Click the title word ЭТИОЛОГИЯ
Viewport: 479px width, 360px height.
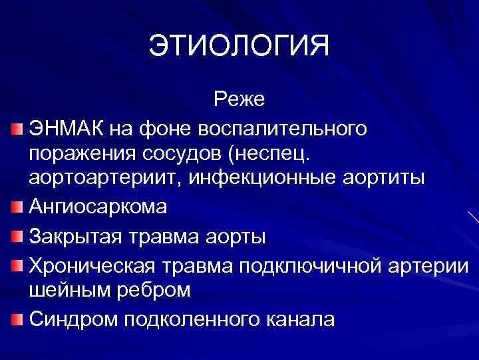[x=239, y=47]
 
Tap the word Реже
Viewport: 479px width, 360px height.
[x=239, y=99]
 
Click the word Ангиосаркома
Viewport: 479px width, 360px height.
[x=98, y=207]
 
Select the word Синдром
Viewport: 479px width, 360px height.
[x=72, y=318]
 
